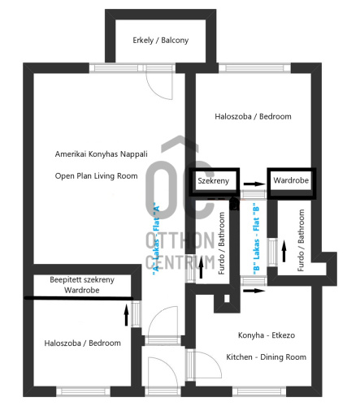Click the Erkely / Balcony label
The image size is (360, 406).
coord(161,41)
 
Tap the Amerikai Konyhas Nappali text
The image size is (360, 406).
coord(102,154)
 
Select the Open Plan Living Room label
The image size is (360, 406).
coord(96,176)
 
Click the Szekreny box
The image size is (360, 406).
coord(214,182)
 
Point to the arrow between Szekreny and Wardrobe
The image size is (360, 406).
coord(254,184)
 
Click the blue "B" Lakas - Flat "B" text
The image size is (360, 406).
coord(256,237)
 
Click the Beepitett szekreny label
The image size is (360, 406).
coord(82,279)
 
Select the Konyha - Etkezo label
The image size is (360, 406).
coord(267,335)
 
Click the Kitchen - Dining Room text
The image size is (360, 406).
coord(267,357)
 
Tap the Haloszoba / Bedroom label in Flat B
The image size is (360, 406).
coord(253,116)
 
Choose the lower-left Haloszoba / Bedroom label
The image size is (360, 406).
coord(83,343)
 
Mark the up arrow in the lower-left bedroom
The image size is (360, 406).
coord(126,315)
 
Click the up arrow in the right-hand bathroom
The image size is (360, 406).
coord(284,251)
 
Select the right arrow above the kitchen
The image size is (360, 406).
coord(254,291)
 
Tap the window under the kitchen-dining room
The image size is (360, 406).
coord(259,391)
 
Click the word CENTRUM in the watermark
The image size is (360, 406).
coord(180,261)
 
